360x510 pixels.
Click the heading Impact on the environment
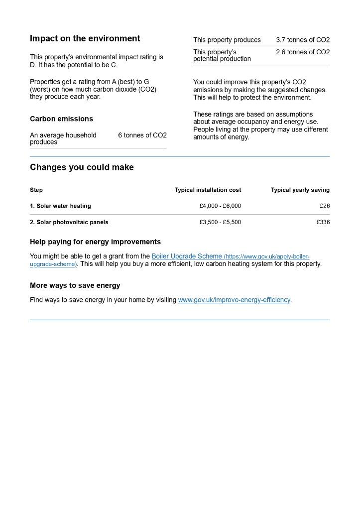click(85, 39)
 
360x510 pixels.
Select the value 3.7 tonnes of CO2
click(303, 40)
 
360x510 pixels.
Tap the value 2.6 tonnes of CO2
click(303, 52)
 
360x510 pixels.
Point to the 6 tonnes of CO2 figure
click(142, 135)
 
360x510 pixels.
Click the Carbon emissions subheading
click(61, 119)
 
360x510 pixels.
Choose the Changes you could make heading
click(82, 167)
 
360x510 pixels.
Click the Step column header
click(36, 190)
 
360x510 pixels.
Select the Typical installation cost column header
click(208, 190)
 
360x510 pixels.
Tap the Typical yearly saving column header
click(300, 190)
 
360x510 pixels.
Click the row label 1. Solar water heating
click(60, 206)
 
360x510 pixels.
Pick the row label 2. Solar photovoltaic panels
click(69, 222)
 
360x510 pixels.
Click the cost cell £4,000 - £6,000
click(220, 206)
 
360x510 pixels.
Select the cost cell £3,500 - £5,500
click(220, 222)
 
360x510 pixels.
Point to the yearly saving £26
click(325, 206)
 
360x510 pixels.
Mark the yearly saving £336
click(323, 222)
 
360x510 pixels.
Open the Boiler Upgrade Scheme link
click(187, 256)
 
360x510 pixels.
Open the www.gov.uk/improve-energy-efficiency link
click(234, 300)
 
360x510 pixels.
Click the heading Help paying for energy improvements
click(95, 242)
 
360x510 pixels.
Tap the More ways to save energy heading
click(75, 286)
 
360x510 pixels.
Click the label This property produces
click(227, 40)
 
